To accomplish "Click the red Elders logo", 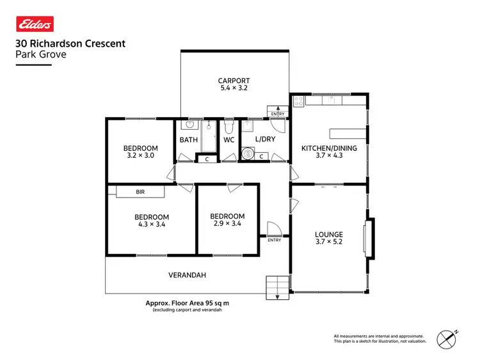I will [35, 24].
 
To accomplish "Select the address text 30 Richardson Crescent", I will [70, 43].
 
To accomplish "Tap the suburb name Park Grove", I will [40, 54].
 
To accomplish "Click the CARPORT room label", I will [234, 81].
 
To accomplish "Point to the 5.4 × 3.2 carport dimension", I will [234, 89].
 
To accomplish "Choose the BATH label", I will [189, 139].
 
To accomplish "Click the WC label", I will [229, 139].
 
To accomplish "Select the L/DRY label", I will [264, 139].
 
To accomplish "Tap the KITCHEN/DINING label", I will [329, 148].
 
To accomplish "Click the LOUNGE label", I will [329, 235].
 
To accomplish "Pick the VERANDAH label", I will [186, 275].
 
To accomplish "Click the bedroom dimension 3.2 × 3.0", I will [140, 155].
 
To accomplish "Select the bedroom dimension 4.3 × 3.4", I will [152, 224].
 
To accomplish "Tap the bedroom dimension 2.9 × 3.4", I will [227, 224].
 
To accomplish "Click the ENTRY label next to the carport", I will [278, 114].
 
